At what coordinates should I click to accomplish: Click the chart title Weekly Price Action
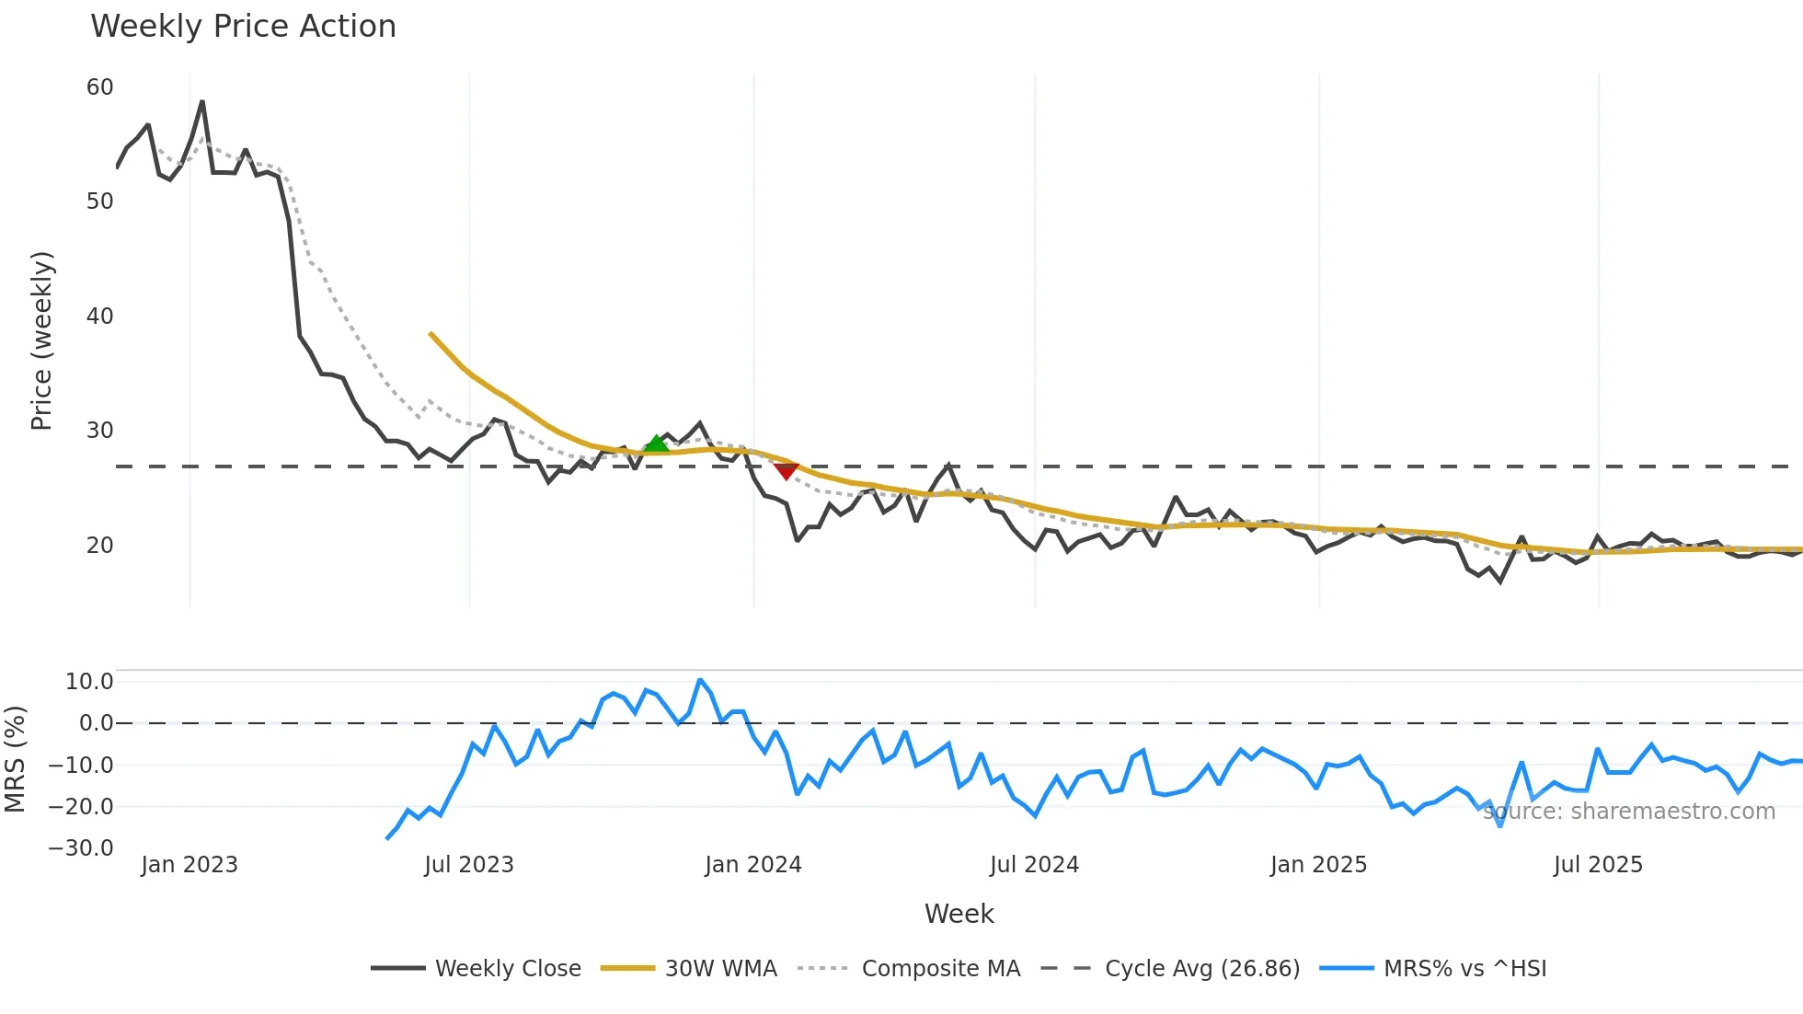243,27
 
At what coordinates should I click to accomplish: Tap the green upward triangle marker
656,444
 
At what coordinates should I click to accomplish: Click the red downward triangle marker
786,471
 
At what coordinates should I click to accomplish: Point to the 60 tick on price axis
99,87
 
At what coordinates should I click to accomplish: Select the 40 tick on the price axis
99,317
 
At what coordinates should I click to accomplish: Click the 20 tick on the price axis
99,546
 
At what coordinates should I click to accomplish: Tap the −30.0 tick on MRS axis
81,848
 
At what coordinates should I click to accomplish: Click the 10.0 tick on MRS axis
89,682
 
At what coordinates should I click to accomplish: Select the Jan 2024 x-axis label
752,865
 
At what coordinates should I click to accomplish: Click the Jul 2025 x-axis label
1598,865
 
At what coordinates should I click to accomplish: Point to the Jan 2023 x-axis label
189,865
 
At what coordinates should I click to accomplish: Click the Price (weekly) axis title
41,340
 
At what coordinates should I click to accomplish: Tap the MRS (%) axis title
15,759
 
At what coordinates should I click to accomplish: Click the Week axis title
959,914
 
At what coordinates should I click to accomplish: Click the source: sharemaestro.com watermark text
1628,812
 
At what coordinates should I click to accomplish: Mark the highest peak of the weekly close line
202,102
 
